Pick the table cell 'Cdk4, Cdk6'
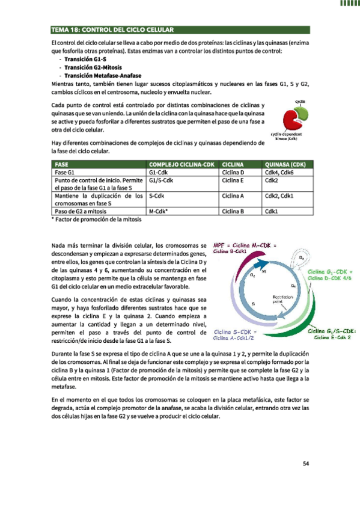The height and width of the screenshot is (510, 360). click(x=278, y=172)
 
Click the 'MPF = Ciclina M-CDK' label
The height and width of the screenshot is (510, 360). click(x=244, y=245)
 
